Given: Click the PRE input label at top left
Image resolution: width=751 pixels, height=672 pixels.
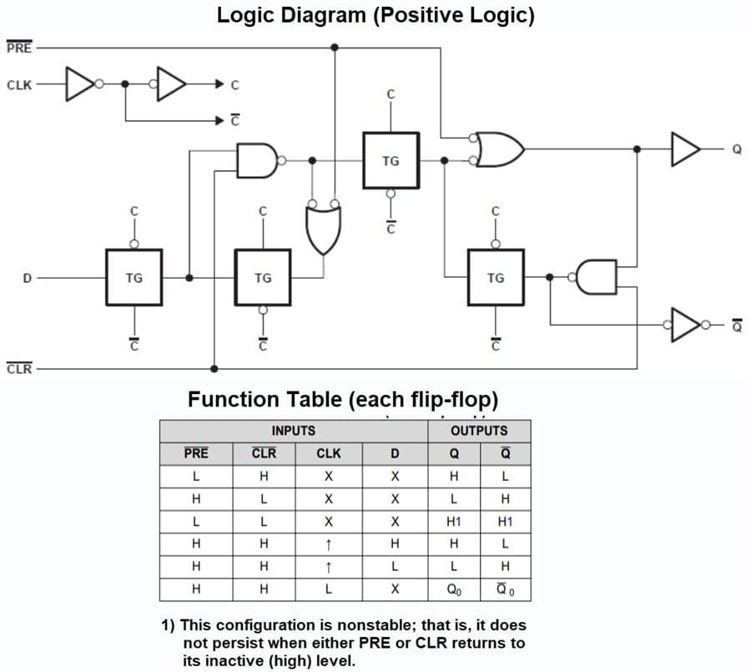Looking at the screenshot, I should (x=18, y=48).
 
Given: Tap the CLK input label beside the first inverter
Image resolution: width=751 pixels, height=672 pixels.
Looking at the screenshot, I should (x=19, y=84).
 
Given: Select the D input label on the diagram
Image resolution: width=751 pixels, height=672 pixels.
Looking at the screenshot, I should (x=27, y=278).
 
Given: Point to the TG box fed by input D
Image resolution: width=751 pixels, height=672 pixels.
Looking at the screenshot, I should (x=134, y=278).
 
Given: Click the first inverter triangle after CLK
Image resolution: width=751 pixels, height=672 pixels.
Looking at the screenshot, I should (x=80, y=84).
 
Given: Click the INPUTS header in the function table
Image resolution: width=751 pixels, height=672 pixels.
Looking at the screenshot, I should (x=294, y=431).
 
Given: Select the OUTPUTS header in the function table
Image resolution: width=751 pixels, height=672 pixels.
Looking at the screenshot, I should (x=479, y=431).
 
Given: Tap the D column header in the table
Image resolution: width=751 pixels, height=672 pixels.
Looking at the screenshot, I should (x=395, y=454).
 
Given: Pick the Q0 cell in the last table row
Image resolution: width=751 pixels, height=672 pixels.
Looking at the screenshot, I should (x=454, y=589).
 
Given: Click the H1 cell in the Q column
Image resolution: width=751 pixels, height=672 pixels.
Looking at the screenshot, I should (x=454, y=522).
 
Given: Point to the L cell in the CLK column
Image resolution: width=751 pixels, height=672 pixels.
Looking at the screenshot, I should (x=328, y=589).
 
